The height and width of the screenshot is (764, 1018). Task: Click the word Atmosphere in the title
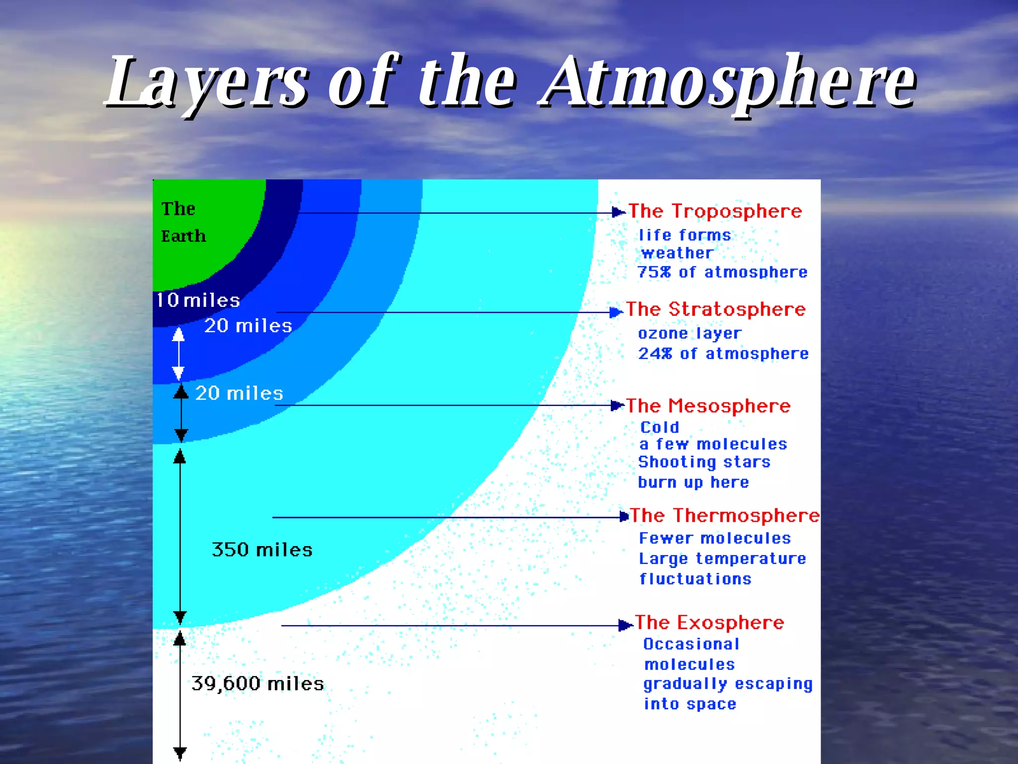[x=728, y=82]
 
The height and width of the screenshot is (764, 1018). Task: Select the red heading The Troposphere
[x=715, y=211]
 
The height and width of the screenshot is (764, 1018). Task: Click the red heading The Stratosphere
[x=715, y=309]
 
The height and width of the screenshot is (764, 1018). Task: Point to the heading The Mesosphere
[x=708, y=406]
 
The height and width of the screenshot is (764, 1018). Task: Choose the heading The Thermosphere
[x=724, y=515]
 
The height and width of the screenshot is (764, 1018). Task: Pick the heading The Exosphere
[x=709, y=623]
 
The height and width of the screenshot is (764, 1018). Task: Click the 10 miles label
[x=198, y=300]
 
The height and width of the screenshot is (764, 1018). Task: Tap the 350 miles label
[x=262, y=550]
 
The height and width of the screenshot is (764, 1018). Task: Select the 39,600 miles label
[x=257, y=683]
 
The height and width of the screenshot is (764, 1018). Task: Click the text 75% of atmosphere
[x=722, y=272]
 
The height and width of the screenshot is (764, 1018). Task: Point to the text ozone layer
[x=689, y=333]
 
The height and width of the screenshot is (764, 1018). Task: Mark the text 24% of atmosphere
[x=723, y=354]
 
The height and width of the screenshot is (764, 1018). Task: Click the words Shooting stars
[x=704, y=462]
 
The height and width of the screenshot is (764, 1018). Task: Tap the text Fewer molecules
[x=715, y=538]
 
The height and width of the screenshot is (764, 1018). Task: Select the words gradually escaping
[x=728, y=684]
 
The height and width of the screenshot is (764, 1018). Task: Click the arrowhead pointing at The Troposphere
[x=618, y=212]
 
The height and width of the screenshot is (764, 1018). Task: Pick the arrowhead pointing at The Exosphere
[x=624, y=625]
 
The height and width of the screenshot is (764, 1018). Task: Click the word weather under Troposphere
[x=677, y=253]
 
